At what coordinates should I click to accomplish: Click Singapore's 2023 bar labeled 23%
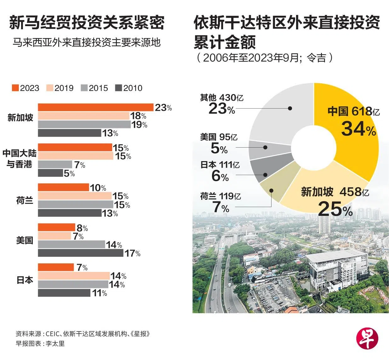tap(95, 107)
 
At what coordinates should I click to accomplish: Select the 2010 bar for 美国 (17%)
tap(80, 253)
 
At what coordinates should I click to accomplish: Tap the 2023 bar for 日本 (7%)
tap(56, 267)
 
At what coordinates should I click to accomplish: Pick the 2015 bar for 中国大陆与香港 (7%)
tap(55, 164)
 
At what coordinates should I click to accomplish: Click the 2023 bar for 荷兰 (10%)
tap(63, 188)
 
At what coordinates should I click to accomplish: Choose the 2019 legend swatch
tap(50, 88)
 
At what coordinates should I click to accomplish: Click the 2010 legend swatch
tap(118, 88)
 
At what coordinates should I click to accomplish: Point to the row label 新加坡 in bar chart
tap(20, 118)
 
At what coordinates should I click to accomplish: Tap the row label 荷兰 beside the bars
tap(25, 200)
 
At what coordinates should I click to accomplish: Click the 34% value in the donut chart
tap(358, 129)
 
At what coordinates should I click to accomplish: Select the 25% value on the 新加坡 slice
tap(335, 209)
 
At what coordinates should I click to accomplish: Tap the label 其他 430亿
tap(222, 98)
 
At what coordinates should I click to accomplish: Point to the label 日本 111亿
tap(220, 165)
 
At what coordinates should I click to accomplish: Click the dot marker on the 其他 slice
tap(290, 108)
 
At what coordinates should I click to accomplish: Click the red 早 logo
tap(367, 339)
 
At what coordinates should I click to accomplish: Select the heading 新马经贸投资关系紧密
tap(87, 23)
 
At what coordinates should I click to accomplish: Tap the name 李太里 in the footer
tap(55, 343)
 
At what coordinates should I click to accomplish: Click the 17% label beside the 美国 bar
tap(133, 253)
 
